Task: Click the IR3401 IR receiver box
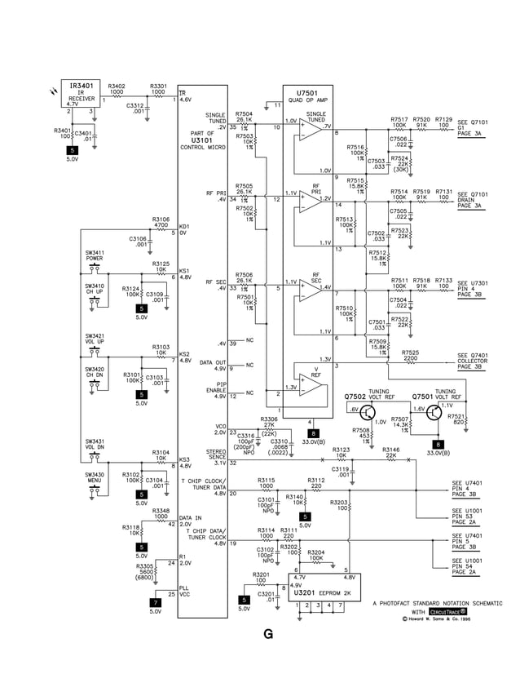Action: (81, 94)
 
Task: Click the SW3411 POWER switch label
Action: (95, 255)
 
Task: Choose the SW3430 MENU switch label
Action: (95, 477)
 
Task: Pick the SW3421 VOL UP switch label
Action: (95, 338)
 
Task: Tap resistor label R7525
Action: (410, 354)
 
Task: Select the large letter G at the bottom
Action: (267, 634)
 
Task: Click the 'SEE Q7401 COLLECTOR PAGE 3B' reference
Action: (472, 361)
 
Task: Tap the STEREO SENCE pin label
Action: (215, 458)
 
